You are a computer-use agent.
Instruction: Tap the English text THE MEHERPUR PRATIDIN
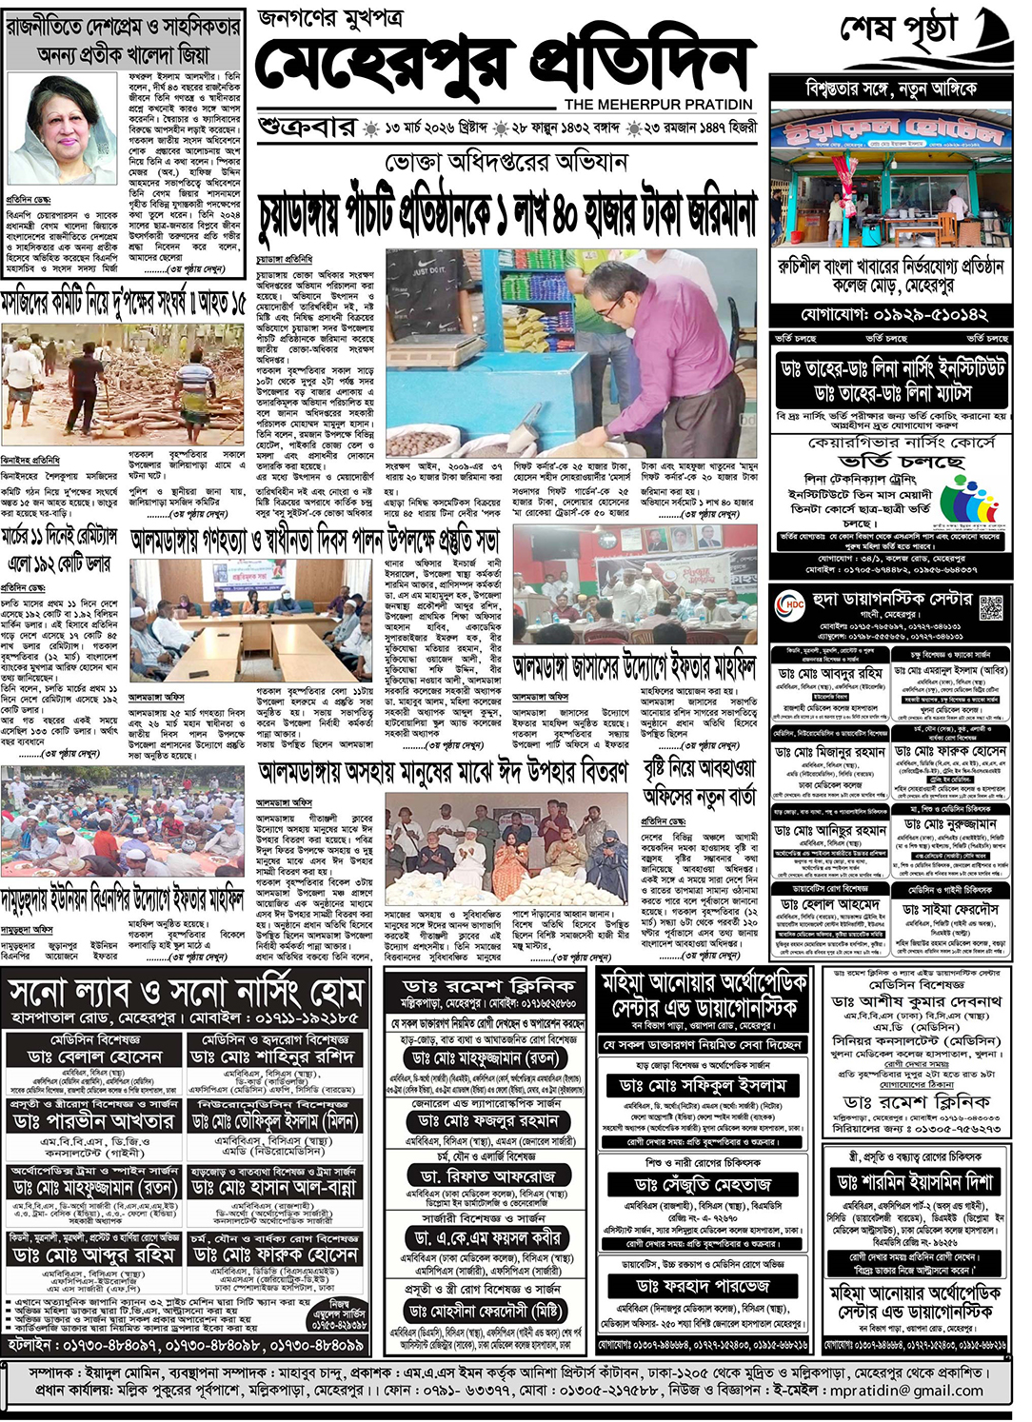658,104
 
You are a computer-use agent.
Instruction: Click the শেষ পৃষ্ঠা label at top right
897,31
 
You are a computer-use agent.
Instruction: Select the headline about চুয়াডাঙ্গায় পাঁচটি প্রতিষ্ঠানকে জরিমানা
507,212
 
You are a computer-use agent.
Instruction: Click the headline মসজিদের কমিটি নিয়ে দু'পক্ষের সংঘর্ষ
123,304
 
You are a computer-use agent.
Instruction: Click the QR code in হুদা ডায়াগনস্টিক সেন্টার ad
991,606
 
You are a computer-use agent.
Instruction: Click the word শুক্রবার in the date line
307,128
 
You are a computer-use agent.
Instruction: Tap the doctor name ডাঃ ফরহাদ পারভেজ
703,1285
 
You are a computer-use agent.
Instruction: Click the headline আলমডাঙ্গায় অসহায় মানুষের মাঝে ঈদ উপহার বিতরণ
443,771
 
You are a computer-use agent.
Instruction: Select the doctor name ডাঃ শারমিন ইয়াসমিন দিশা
915,1182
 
